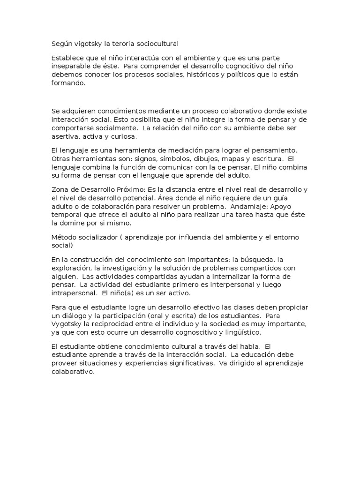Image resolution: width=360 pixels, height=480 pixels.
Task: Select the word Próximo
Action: pyautogui.click(x=126, y=189)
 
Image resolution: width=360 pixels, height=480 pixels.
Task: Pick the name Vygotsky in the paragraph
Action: pyautogui.click(x=69, y=324)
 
